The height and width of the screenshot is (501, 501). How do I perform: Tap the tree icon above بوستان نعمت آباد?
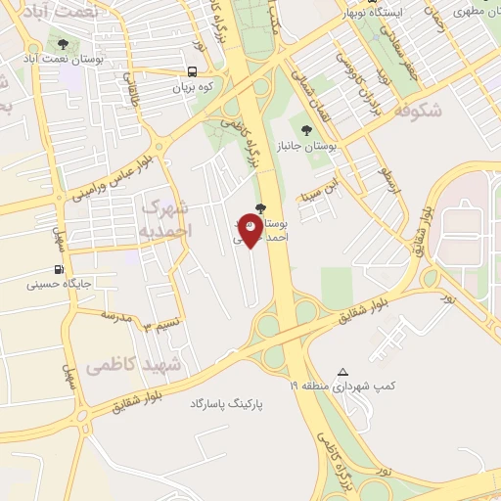[64, 44]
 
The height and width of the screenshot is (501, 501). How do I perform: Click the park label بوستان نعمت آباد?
[68, 60]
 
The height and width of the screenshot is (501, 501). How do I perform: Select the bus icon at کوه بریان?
[193, 71]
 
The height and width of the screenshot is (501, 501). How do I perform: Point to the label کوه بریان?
[193, 87]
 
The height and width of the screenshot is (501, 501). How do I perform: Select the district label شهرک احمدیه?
[167, 218]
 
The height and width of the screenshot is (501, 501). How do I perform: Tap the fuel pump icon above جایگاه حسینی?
[61, 270]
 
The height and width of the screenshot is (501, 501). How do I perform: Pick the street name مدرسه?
[116, 317]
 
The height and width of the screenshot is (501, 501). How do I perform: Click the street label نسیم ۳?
[161, 324]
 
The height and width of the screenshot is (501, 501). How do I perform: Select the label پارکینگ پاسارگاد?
[229, 403]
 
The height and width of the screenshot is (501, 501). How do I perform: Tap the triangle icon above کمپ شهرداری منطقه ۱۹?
[342, 372]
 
